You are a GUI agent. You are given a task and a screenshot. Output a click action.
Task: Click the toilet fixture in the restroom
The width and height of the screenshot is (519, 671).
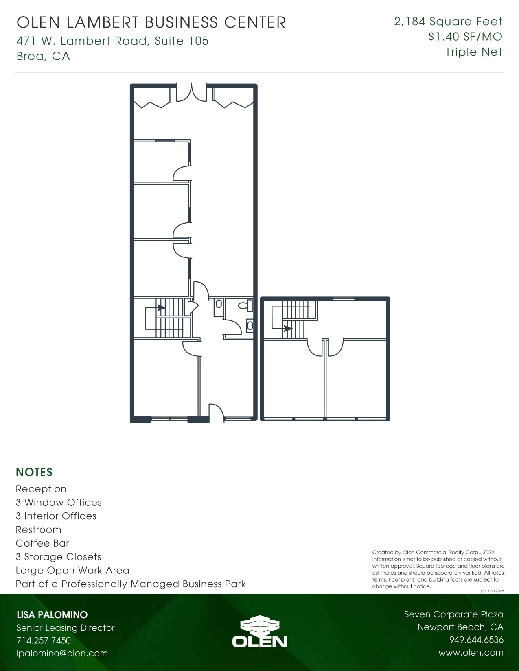(245, 305)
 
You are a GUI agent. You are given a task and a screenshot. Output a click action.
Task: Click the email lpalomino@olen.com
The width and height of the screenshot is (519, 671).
(62, 653)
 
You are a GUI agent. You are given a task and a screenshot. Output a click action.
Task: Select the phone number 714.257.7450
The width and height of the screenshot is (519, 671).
(44, 640)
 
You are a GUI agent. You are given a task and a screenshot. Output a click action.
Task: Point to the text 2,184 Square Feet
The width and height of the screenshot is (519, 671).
(448, 21)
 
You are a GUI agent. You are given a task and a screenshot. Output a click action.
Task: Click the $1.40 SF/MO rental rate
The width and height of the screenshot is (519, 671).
(465, 37)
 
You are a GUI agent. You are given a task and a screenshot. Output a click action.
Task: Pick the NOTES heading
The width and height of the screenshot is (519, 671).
(34, 472)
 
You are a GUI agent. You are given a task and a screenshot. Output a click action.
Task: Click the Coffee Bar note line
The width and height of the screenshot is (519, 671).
(42, 543)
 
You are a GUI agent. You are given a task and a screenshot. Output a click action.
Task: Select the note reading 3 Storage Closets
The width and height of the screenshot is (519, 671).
(58, 557)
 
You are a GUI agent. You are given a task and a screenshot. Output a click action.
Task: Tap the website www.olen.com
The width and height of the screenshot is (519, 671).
(471, 652)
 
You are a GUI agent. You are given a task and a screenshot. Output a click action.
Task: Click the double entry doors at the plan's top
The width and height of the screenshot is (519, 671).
(191, 93)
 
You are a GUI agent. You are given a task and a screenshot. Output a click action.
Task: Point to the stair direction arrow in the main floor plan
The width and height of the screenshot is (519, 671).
(161, 308)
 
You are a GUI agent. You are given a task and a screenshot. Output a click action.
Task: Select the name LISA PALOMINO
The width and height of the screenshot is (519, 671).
(52, 614)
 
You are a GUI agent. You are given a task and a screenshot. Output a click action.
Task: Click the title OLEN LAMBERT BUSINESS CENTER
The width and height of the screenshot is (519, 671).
(151, 22)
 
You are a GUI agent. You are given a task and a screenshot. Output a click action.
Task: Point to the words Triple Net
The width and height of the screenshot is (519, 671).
(473, 52)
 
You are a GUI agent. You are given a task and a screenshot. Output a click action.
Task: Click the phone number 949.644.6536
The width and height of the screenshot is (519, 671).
(476, 640)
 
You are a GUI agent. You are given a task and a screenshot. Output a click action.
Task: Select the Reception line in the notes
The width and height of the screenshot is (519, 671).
(41, 489)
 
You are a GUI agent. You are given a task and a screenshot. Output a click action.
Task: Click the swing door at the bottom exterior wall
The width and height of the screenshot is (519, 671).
(217, 413)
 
